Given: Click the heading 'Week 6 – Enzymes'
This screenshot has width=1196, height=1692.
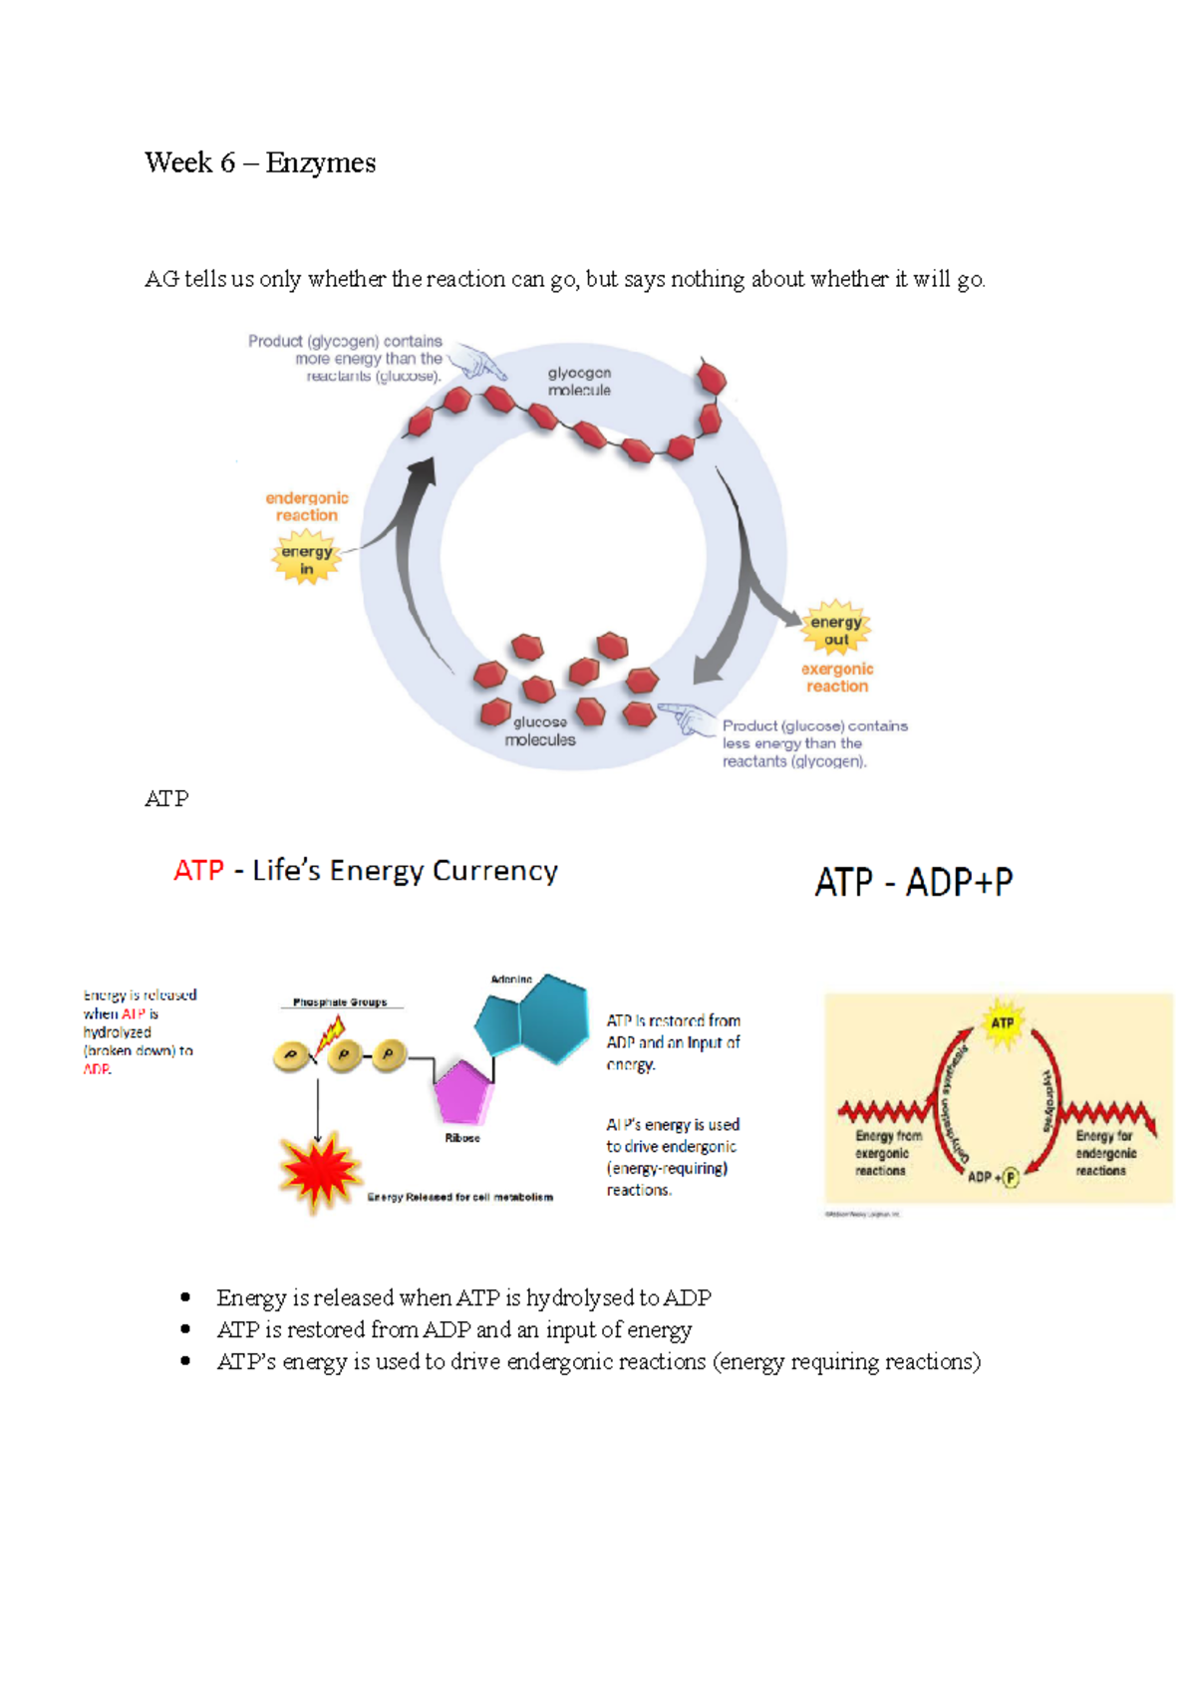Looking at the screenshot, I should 260,162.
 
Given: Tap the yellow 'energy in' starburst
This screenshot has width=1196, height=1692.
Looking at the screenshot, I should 306,559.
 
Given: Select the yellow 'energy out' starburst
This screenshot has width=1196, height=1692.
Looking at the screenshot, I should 836,629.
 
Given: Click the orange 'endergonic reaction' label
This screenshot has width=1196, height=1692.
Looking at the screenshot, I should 307,506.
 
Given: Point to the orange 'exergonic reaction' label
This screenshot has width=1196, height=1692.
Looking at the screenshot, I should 837,678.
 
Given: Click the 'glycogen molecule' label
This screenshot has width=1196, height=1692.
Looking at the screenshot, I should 579,382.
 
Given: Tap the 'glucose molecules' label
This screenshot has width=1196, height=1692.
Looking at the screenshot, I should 540,731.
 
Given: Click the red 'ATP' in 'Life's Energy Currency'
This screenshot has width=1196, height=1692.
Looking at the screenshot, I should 198,871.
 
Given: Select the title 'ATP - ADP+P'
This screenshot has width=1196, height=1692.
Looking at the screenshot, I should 913,882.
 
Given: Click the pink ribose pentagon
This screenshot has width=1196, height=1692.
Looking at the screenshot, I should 462,1092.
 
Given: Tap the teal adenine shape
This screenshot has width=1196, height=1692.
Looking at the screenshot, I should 533,1019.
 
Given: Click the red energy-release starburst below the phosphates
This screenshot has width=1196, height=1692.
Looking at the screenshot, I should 318,1172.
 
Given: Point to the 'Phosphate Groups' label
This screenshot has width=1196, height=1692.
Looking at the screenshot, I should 340,1002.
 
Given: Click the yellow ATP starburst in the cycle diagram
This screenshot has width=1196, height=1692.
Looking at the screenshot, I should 1002,1023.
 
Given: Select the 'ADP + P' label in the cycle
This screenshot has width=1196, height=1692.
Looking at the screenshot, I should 993,1177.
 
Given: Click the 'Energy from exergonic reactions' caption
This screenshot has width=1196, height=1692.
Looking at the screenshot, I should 887,1153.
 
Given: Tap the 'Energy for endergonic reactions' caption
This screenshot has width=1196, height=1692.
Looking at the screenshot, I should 1104,1153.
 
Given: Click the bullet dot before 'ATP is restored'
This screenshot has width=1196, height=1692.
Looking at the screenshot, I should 185,1329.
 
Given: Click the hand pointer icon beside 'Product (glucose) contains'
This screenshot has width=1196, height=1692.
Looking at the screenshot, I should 686,716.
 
